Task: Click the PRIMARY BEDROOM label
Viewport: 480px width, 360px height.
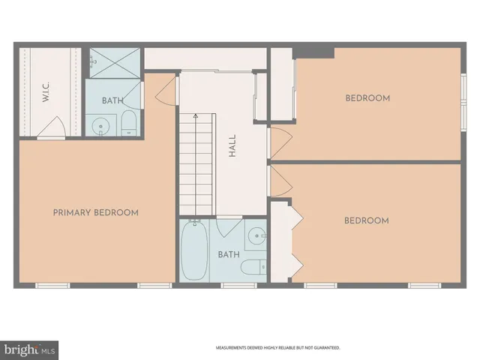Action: pyautogui.click(x=95, y=212)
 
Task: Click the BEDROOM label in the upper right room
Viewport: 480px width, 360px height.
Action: pyautogui.click(x=367, y=98)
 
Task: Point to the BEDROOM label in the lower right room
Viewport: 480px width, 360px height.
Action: pyautogui.click(x=366, y=220)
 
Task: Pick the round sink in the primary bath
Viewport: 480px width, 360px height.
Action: pyautogui.click(x=100, y=127)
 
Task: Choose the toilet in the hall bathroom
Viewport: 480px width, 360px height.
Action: pyautogui.click(x=253, y=266)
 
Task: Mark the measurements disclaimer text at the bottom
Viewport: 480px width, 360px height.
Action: pyautogui.click(x=278, y=348)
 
